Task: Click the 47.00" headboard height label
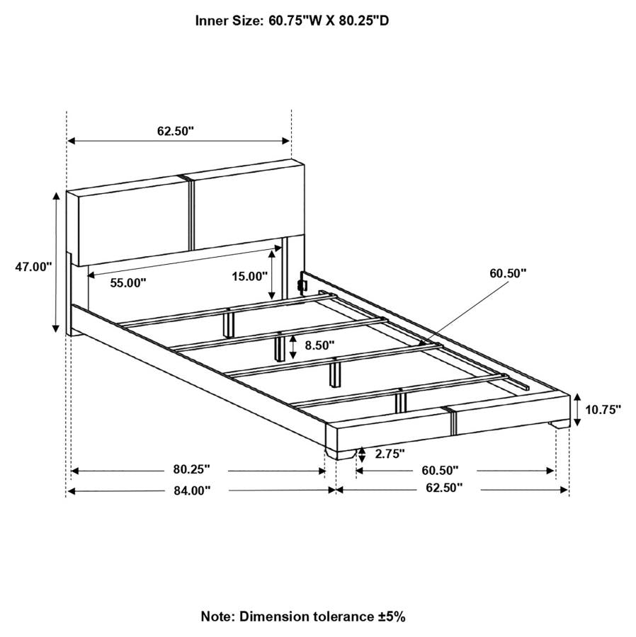[x=34, y=267]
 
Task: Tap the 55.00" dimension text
[x=128, y=282]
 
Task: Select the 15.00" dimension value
[x=250, y=276]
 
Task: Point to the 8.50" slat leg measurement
[x=320, y=345]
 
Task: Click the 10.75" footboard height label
[x=603, y=410]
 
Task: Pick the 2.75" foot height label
[x=390, y=454]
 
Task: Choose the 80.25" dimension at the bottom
[x=192, y=469]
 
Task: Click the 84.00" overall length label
[x=192, y=490]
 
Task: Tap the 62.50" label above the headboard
[x=176, y=131]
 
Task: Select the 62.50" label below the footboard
[x=444, y=488]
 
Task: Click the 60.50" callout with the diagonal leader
[x=508, y=273]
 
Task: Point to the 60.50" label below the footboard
[x=440, y=470]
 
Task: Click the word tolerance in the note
[x=343, y=616]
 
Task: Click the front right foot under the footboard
[x=558, y=425]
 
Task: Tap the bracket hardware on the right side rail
[x=302, y=282]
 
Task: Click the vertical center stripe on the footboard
[x=451, y=421]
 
